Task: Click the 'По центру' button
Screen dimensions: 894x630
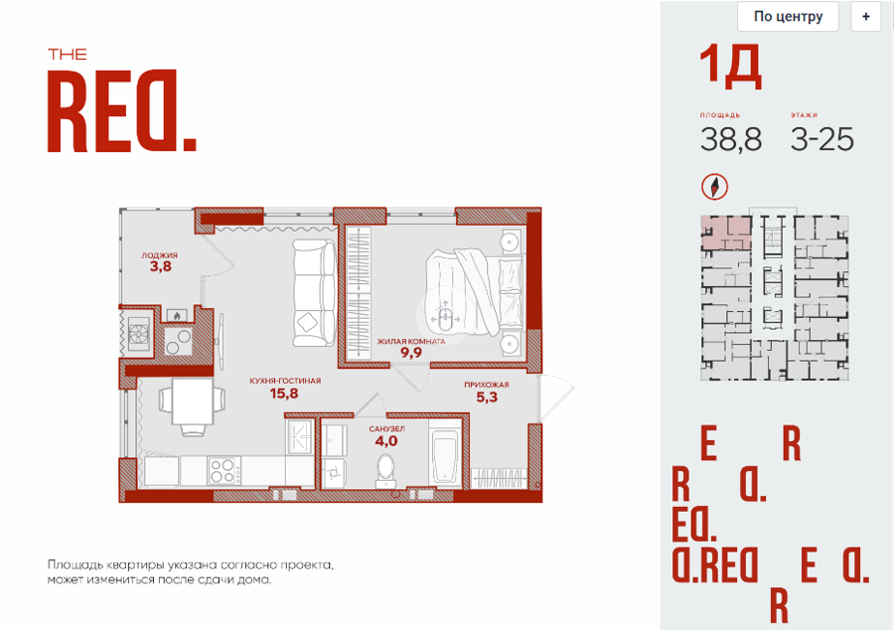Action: click(788, 17)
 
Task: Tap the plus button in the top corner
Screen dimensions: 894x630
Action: click(865, 17)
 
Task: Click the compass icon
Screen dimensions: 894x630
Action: click(714, 187)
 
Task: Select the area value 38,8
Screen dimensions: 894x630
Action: click(731, 139)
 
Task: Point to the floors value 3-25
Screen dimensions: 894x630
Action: click(822, 139)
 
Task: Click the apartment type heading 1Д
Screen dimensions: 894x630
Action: click(730, 68)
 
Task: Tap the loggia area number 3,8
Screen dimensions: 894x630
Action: click(161, 266)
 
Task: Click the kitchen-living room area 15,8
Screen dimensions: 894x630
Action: click(284, 393)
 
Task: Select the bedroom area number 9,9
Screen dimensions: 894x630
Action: click(411, 353)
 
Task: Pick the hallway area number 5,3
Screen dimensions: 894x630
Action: click(487, 396)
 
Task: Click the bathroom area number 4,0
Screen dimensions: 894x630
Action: click(386, 441)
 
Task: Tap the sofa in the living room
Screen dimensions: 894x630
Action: click(314, 293)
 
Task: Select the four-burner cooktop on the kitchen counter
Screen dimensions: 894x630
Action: click(224, 471)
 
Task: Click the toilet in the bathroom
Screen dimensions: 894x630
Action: click(386, 471)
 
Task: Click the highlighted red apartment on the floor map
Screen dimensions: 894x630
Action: click(726, 233)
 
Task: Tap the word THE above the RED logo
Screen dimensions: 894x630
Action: click(68, 55)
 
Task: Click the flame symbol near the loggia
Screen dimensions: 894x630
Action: click(177, 315)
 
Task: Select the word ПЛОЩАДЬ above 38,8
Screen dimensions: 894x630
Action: click(720, 115)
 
